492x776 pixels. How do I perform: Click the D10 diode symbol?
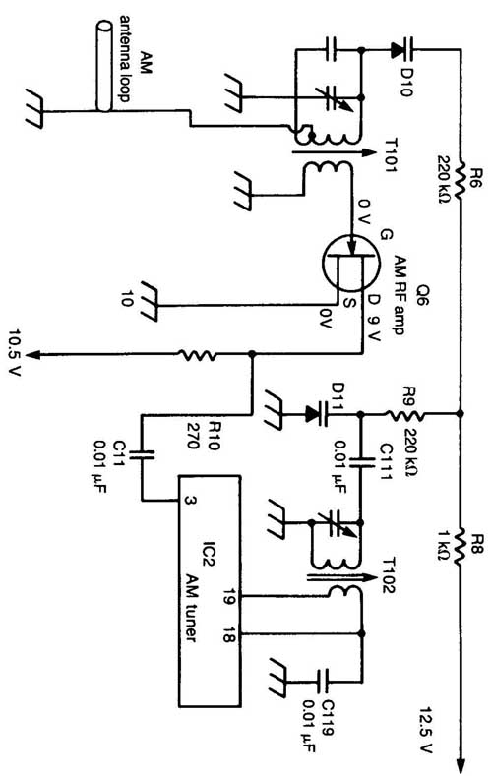pos(401,49)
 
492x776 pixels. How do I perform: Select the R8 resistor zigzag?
pos(461,548)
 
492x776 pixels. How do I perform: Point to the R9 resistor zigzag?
pos(404,413)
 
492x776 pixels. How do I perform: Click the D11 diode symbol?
pos(317,414)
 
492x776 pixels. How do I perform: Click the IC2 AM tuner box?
pos(210,591)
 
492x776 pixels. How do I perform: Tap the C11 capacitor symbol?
pos(142,453)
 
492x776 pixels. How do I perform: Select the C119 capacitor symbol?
pos(324,681)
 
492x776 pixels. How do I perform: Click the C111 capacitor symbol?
pos(363,462)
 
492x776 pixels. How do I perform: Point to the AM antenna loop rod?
pos(103,65)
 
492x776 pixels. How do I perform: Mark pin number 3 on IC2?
pos(190,501)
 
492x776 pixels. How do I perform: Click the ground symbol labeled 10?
pos(149,302)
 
